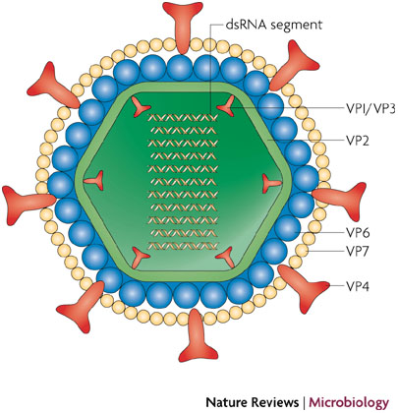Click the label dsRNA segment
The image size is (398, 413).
274,26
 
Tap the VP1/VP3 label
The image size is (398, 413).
370,109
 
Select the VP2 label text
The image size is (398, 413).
358,141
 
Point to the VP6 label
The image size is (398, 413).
358,233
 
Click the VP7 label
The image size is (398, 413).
358,252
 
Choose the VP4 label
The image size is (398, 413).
358,287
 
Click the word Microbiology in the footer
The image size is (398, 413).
349,402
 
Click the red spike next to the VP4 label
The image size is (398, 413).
303,286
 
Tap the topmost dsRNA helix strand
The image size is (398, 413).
183,117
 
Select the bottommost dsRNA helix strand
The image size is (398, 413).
183,246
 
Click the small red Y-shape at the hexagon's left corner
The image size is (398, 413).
94,181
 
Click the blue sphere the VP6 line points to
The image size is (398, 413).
287,227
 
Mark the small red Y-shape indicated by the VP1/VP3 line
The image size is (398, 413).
227,106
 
